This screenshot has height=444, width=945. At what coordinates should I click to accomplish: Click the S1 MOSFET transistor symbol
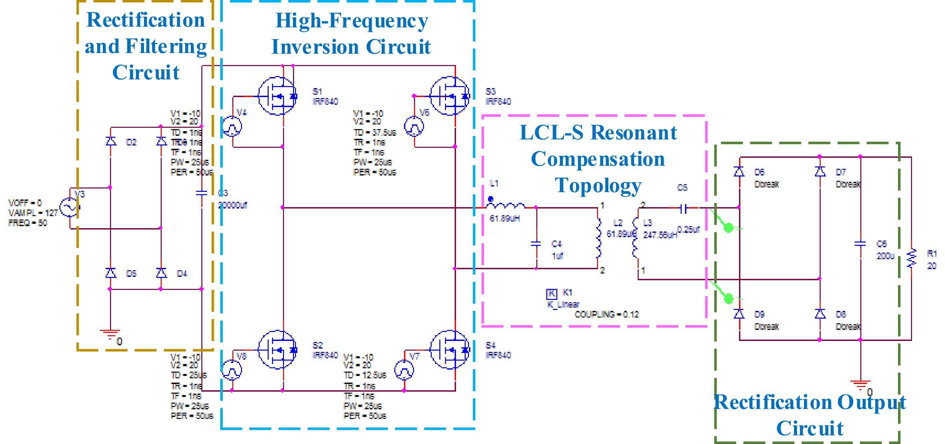[277, 96]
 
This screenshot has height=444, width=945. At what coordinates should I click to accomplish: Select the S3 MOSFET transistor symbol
[450, 96]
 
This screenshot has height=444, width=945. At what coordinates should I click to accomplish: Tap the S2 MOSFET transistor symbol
[277, 350]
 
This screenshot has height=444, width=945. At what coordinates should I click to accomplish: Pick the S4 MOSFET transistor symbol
[450, 350]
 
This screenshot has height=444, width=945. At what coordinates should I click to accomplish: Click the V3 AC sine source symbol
[70, 207]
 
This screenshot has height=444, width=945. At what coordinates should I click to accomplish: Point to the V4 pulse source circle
[232, 127]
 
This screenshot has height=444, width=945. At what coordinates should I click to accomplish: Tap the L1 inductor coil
[506, 206]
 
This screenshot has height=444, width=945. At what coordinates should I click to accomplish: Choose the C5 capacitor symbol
[683, 208]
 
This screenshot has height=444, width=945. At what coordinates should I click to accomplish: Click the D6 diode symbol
[739, 172]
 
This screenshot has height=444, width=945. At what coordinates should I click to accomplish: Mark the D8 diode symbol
[820, 314]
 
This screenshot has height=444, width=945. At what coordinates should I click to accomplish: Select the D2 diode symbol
[111, 141]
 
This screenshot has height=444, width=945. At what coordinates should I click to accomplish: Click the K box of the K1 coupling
[552, 294]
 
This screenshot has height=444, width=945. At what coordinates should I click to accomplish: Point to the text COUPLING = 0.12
[606, 314]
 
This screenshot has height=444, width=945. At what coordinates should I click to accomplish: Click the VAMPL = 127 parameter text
[33, 213]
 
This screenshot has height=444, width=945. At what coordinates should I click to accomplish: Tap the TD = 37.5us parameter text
[375, 132]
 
